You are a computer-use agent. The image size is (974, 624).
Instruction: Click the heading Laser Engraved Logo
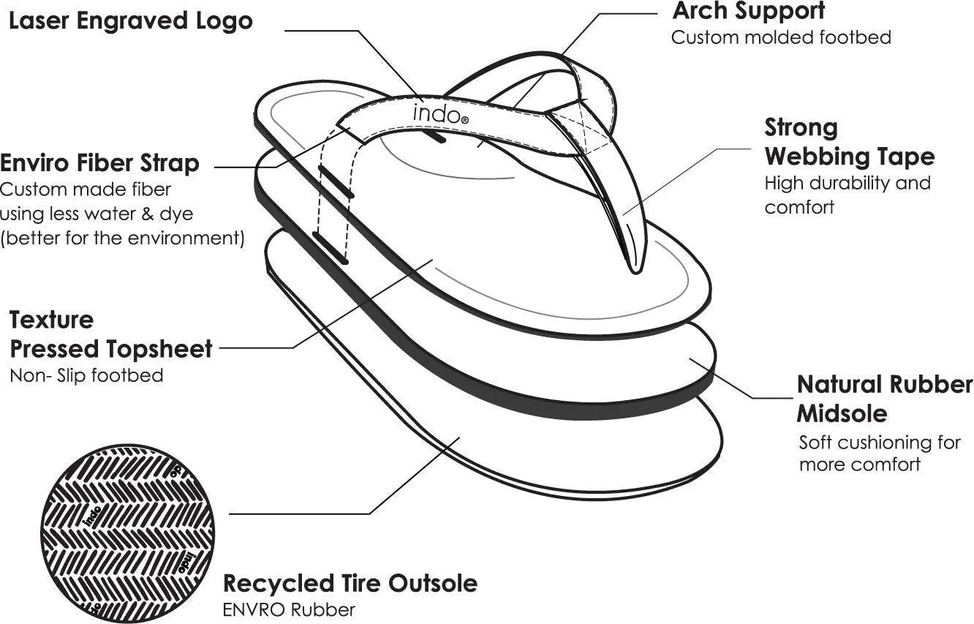point(130,20)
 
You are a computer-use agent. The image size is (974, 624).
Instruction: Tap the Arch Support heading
point(748,11)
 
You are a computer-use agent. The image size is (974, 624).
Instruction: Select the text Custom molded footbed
point(781,37)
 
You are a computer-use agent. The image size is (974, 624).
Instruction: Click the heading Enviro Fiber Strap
point(99,162)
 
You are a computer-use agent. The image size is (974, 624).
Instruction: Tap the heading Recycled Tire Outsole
point(350,583)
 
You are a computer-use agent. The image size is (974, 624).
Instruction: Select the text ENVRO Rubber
point(289,609)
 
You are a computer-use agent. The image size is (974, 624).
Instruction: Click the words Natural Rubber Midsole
point(883,399)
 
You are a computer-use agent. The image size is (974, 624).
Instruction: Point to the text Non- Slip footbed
point(86,375)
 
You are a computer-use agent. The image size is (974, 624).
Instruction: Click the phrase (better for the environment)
point(122,238)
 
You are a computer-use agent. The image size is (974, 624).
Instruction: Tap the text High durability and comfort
point(847,195)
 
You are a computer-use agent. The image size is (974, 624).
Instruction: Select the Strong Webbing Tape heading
point(849,142)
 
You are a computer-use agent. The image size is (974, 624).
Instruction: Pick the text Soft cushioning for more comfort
point(878,453)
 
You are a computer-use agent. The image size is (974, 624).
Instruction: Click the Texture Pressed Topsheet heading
point(110,334)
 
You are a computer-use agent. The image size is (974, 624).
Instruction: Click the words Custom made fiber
point(86,189)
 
